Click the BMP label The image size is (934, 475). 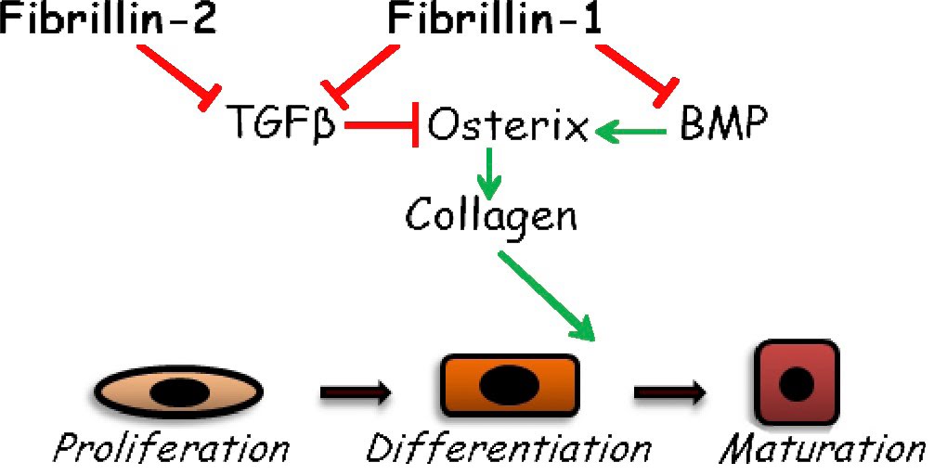[x=724, y=123]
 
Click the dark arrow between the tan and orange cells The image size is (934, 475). [x=357, y=393]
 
